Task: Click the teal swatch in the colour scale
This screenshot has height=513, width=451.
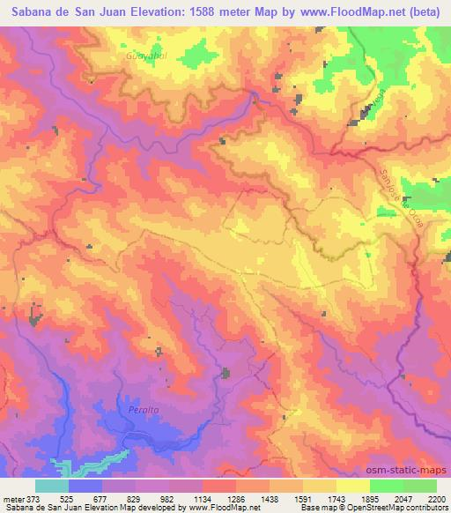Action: [x=52, y=486]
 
